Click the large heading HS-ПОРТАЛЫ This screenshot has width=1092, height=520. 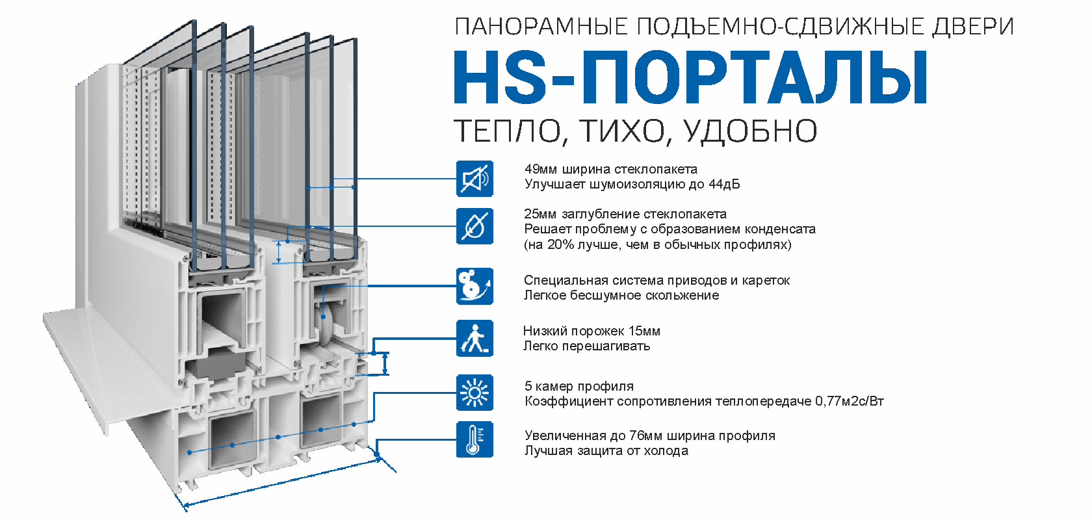[x=690, y=78]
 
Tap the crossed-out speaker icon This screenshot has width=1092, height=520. [x=474, y=179]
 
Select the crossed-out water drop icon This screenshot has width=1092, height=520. [x=474, y=226]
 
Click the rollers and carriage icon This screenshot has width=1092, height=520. [x=474, y=286]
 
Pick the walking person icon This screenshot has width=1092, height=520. [x=474, y=338]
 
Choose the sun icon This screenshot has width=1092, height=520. [x=474, y=393]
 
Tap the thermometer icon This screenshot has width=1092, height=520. [x=474, y=439]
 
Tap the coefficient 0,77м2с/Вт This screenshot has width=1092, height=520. [x=850, y=401]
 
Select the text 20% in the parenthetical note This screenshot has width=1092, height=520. [x=560, y=244]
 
